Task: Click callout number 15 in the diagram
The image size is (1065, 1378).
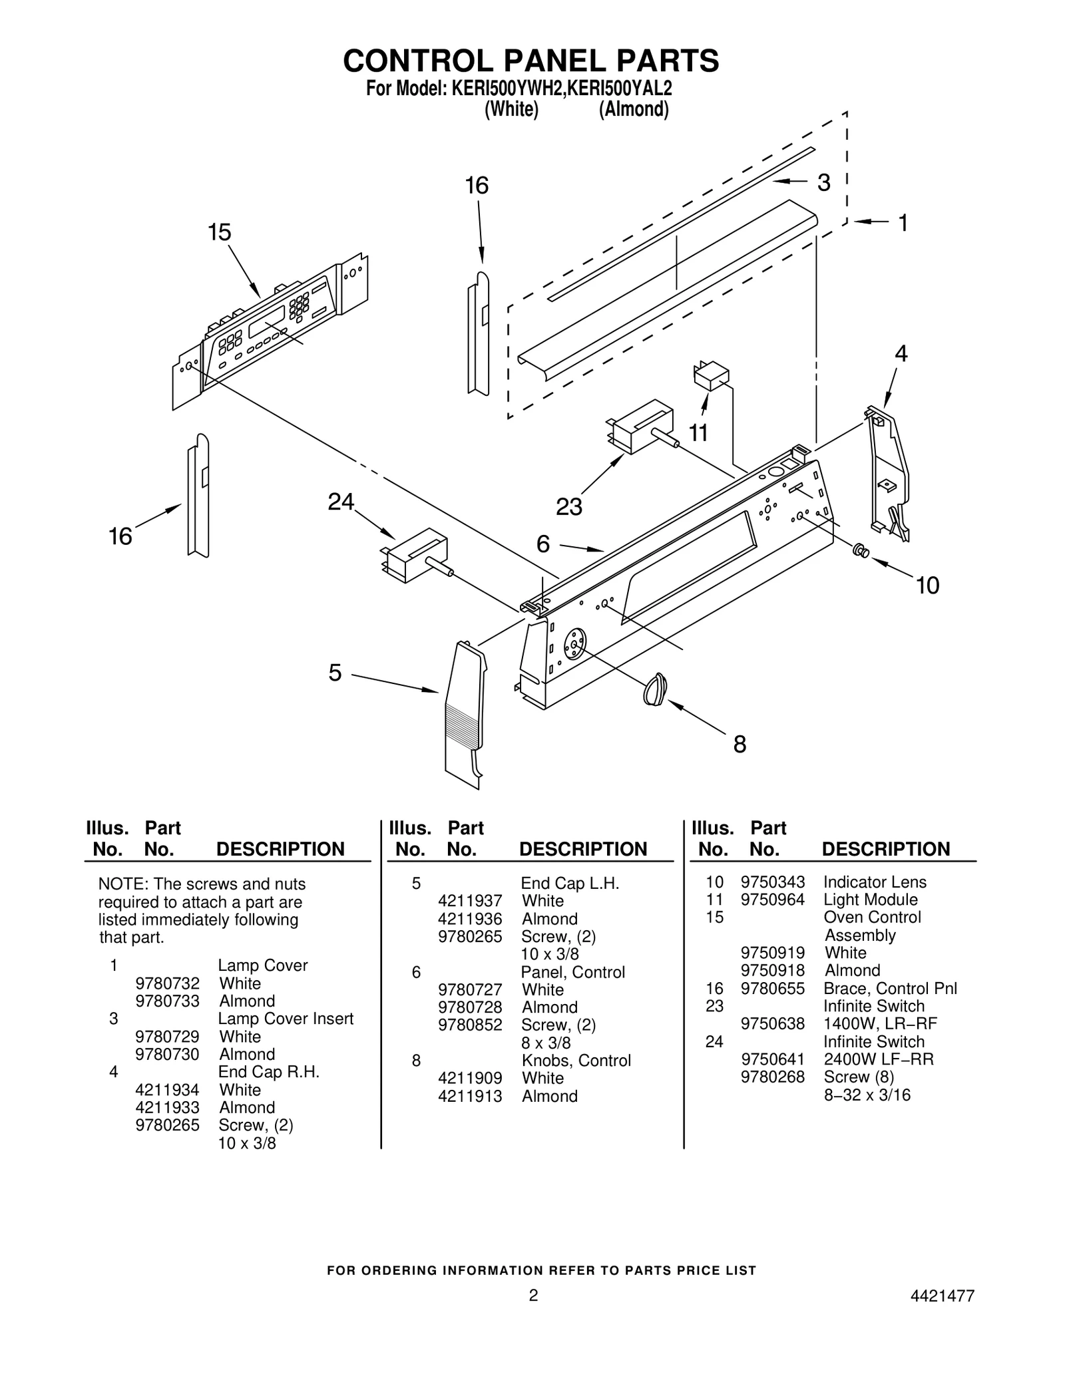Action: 219,232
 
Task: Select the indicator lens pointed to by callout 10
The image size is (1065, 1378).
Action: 860,550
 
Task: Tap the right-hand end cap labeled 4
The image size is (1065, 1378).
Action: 889,472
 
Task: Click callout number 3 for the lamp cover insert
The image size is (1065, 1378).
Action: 823,182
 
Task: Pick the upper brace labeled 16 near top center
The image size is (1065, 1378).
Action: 479,333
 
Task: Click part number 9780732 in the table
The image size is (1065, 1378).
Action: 167,983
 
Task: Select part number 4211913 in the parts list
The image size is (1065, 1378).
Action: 470,1096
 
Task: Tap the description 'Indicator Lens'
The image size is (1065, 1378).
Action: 874,882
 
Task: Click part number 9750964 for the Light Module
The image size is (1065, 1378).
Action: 772,900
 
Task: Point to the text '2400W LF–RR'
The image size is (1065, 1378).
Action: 878,1059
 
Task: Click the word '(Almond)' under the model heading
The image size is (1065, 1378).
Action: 633,109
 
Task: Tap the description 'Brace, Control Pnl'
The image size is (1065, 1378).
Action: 889,988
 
